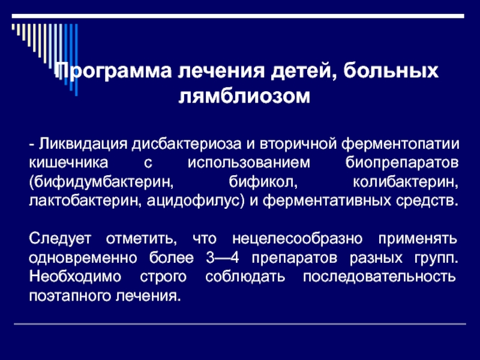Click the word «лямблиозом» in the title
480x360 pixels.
[x=244, y=97]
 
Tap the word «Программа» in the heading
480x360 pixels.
[x=113, y=72]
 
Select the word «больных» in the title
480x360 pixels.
[x=391, y=71]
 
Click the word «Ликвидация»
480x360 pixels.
[x=83, y=144]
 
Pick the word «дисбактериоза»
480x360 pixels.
[x=187, y=144]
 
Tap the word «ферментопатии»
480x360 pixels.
[x=400, y=144]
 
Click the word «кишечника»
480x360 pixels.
[x=68, y=163]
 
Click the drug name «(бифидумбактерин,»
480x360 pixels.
[x=101, y=182]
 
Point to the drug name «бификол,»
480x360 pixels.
[x=263, y=182]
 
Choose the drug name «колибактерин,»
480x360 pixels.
[x=406, y=182]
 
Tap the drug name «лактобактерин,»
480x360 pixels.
[x=85, y=201]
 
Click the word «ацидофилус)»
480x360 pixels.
[x=196, y=202]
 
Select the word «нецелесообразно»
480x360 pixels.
[x=297, y=239]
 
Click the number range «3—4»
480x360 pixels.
[x=222, y=258]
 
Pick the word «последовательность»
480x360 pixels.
[x=380, y=277]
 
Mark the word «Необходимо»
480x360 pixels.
[x=76, y=277]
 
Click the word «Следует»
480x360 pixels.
[x=61, y=239]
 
